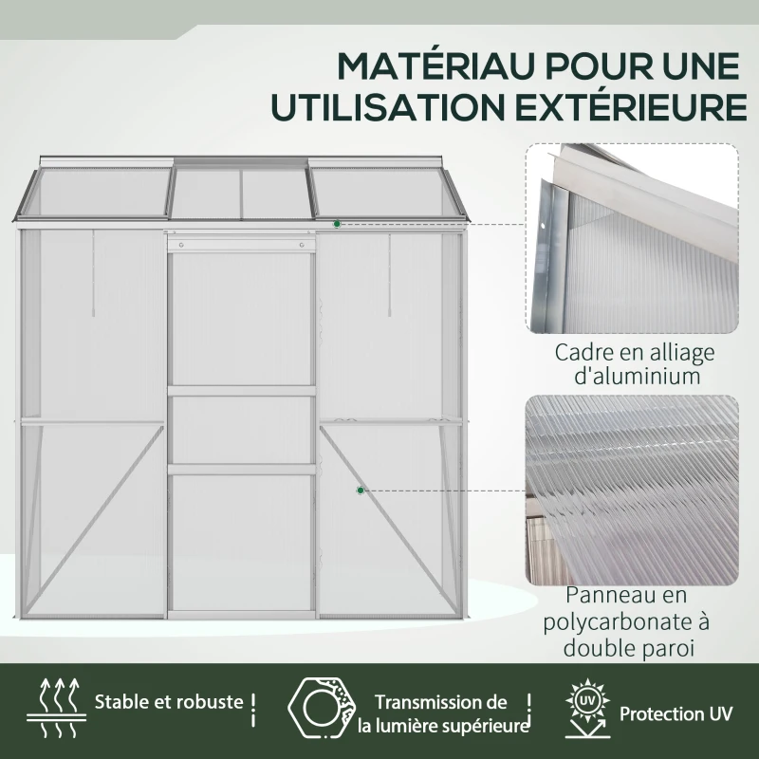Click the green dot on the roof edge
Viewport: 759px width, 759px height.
pyautogui.click(x=337, y=223)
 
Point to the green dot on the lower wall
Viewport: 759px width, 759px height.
pyautogui.click(x=361, y=491)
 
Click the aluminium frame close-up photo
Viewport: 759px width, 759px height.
pyautogui.click(x=632, y=238)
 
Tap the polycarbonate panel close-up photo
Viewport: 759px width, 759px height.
pyautogui.click(x=632, y=490)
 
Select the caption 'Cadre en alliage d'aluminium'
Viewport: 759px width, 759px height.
pyautogui.click(x=632, y=364)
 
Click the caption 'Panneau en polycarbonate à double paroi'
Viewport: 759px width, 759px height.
pyautogui.click(x=626, y=622)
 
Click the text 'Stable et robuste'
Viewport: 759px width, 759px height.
pyautogui.click(x=169, y=703)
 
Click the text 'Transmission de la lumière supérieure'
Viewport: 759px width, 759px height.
pyautogui.click(x=442, y=714)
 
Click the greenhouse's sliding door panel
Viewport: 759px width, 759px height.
pyautogui.click(x=242, y=427)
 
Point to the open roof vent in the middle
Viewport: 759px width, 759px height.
pyautogui.click(x=242, y=193)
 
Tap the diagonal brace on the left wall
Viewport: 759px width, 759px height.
pyautogui.click(x=100, y=522)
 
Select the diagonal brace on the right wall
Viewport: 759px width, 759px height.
pyautogui.click(x=389, y=522)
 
